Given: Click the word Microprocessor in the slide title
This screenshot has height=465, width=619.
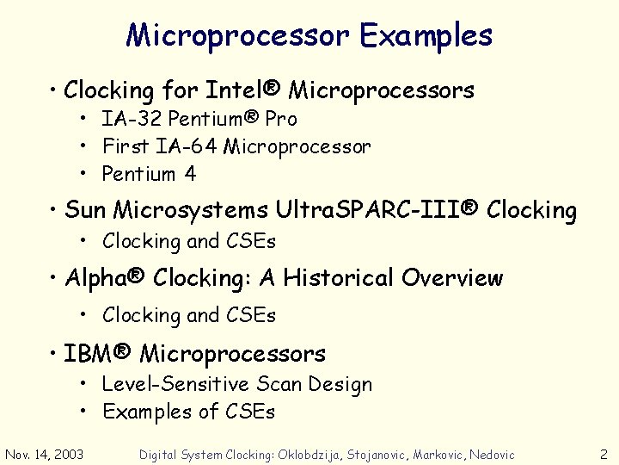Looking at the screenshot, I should [x=237, y=35].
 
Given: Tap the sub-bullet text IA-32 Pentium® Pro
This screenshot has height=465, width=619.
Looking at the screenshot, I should [x=199, y=119].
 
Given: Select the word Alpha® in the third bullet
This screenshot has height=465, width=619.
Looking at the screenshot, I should [x=105, y=278].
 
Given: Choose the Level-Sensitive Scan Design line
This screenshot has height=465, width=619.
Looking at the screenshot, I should [x=237, y=384].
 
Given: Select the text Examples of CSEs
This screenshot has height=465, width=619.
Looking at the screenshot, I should [x=189, y=412].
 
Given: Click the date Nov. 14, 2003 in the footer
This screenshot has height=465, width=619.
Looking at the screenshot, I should [x=45, y=454].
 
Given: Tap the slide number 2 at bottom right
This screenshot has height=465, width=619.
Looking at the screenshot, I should [x=604, y=454].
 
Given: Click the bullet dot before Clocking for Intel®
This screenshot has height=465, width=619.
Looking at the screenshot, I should [x=53, y=90].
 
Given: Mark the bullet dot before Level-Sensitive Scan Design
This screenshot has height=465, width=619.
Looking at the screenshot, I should [x=88, y=385].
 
